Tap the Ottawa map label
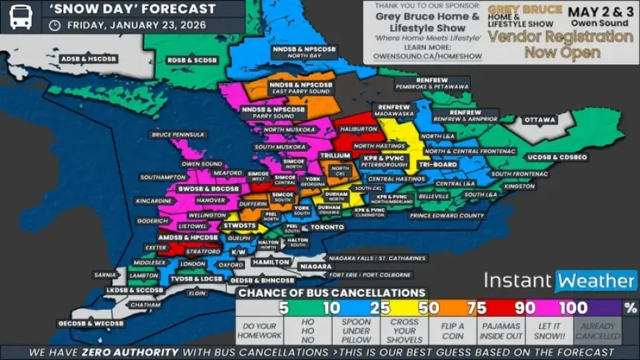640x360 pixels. pos(541,120)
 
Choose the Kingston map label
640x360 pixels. pos(519,186)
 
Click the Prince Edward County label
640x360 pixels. pos(447,216)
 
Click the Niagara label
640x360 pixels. pos(316,266)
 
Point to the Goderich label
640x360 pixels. pos(153,221)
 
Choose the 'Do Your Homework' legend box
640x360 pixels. pos(259,329)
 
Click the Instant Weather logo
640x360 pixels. pos(560,280)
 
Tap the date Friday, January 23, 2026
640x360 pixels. pos(136,24)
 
